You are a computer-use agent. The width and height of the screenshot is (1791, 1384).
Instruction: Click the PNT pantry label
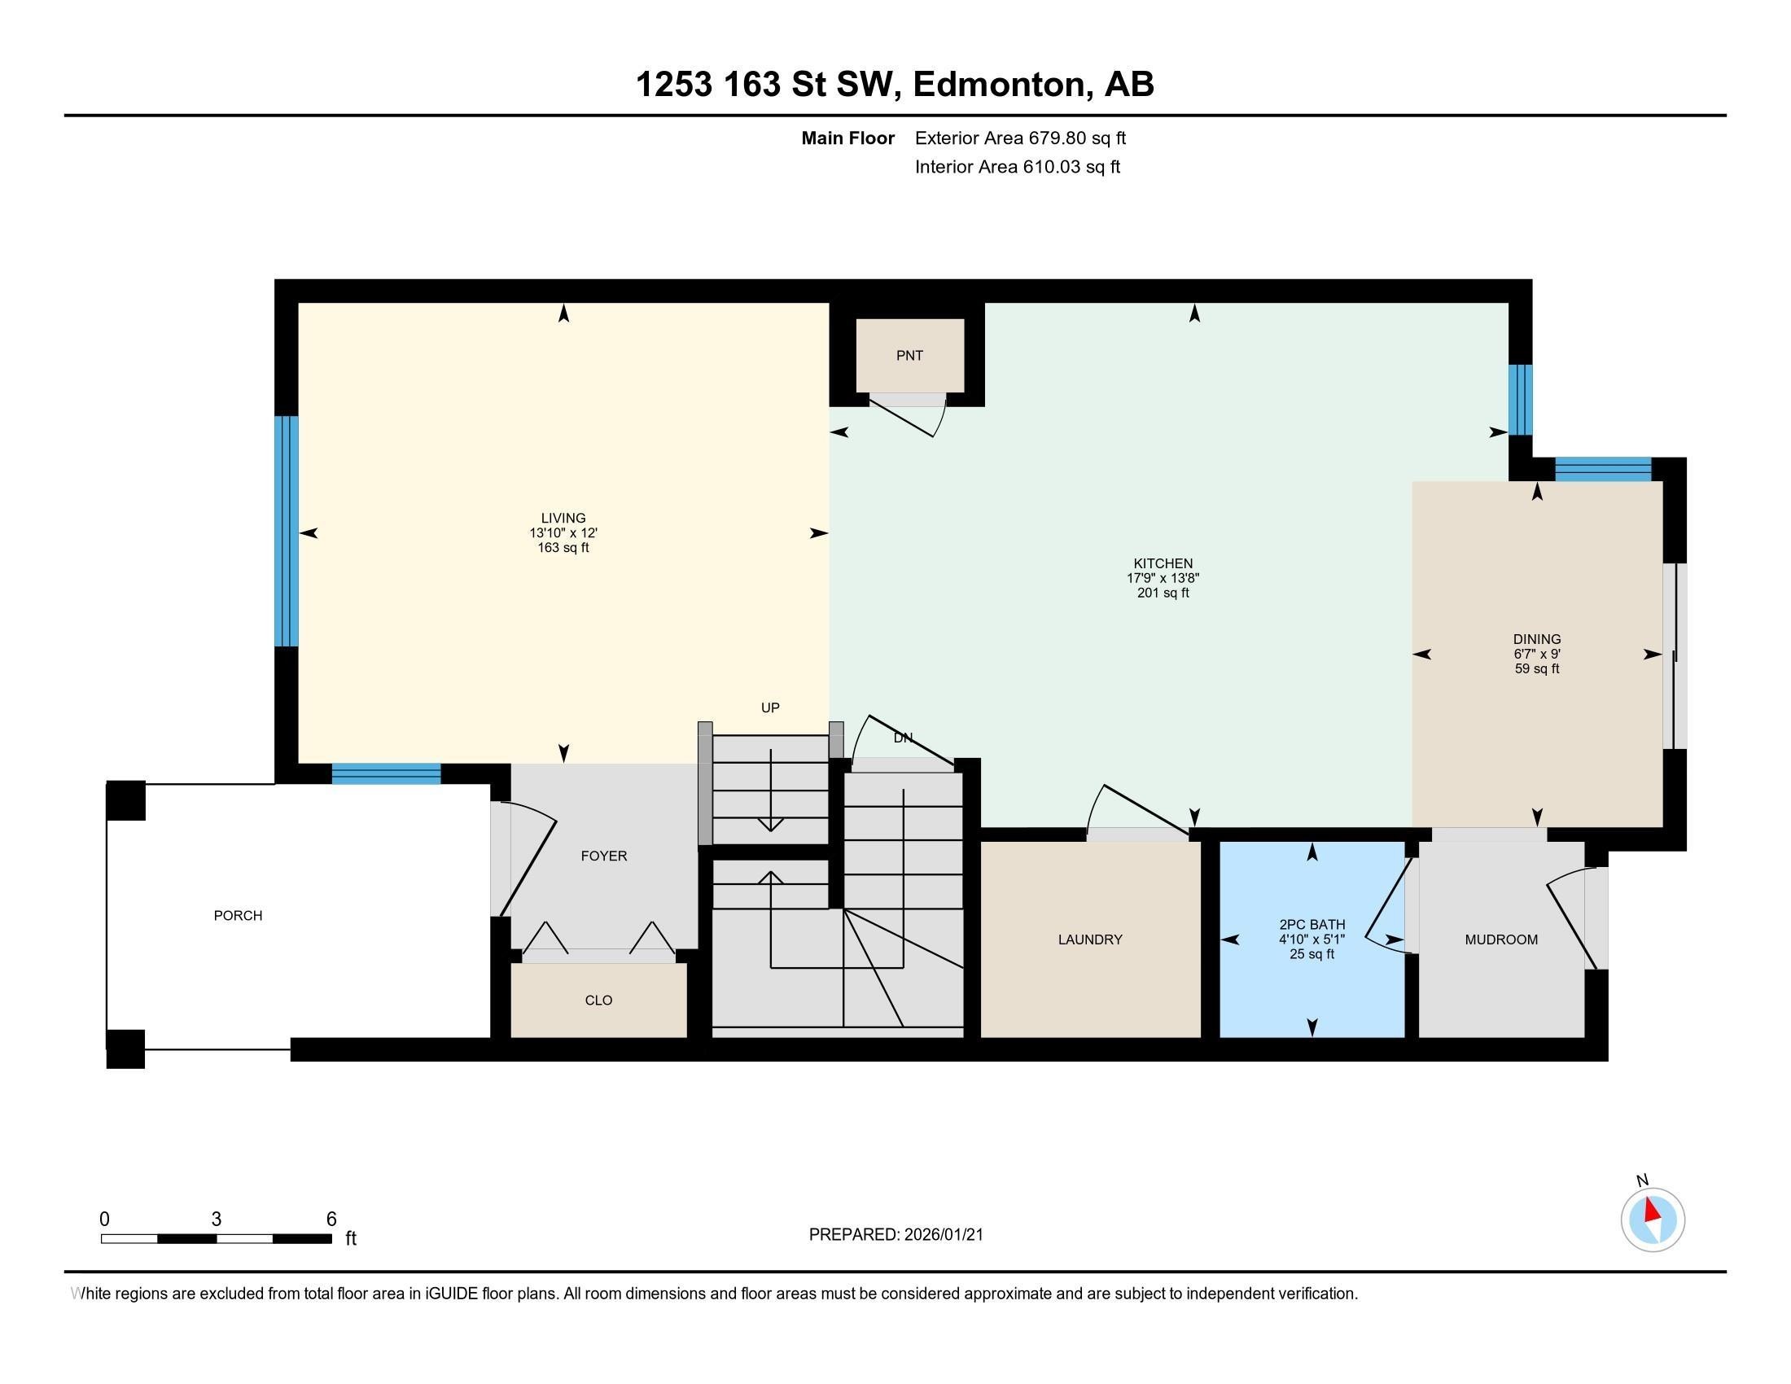[x=909, y=355]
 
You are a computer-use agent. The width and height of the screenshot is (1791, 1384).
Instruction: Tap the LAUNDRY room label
[x=1090, y=939]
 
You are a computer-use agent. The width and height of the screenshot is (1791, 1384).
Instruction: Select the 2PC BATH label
[x=1312, y=925]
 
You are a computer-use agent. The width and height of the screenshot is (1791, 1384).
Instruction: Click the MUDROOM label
[x=1500, y=939]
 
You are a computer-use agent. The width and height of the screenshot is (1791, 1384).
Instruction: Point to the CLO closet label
[x=598, y=1001]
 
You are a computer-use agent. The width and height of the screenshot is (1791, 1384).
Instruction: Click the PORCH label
[x=238, y=915]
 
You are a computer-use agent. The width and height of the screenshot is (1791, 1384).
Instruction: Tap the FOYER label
[x=603, y=856]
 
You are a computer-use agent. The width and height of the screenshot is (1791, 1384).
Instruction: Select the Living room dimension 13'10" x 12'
[x=563, y=533]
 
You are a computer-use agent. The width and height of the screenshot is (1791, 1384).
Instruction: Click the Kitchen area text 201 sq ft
[x=1162, y=593]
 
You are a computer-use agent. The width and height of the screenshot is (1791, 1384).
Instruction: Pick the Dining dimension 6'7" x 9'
[x=1537, y=655]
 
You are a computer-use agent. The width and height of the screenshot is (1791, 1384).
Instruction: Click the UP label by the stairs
[x=770, y=707]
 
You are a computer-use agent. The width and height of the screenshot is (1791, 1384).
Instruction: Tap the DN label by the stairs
[x=902, y=738]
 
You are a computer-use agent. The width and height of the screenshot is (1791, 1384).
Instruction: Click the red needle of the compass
[x=1652, y=1210]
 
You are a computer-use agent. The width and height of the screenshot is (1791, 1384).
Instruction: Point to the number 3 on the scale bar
[x=217, y=1220]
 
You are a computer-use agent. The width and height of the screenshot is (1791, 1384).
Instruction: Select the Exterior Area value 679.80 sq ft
[x=1077, y=138]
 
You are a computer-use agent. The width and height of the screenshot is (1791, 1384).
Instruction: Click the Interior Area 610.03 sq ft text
[x=1017, y=167]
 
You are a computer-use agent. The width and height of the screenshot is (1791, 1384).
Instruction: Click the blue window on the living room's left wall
[x=287, y=532]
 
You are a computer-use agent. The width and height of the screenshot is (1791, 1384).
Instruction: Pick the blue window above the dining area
[x=1602, y=469]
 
